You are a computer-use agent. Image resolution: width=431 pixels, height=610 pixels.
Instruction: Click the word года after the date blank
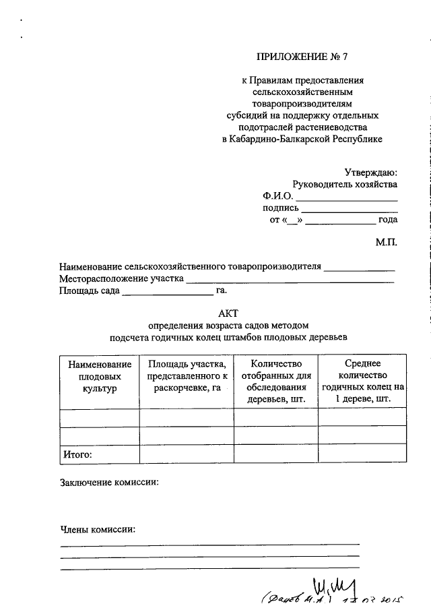pos(387,219)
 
